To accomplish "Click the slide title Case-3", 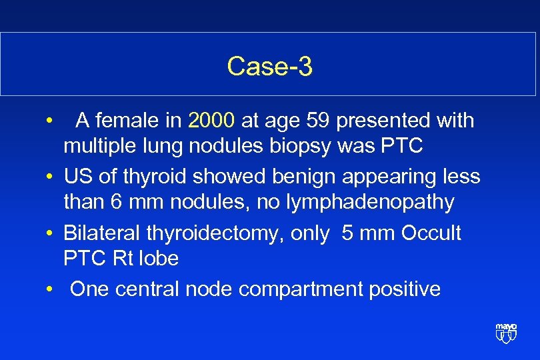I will pyautogui.click(x=269, y=66).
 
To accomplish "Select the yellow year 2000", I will pyautogui.click(x=211, y=121).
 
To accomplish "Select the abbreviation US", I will pyautogui.click(x=77, y=176).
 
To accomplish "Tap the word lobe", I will pyautogui.click(x=160, y=258).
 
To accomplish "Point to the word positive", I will pyautogui.click(x=405, y=289).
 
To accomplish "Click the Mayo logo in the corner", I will pyautogui.click(x=506, y=332).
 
